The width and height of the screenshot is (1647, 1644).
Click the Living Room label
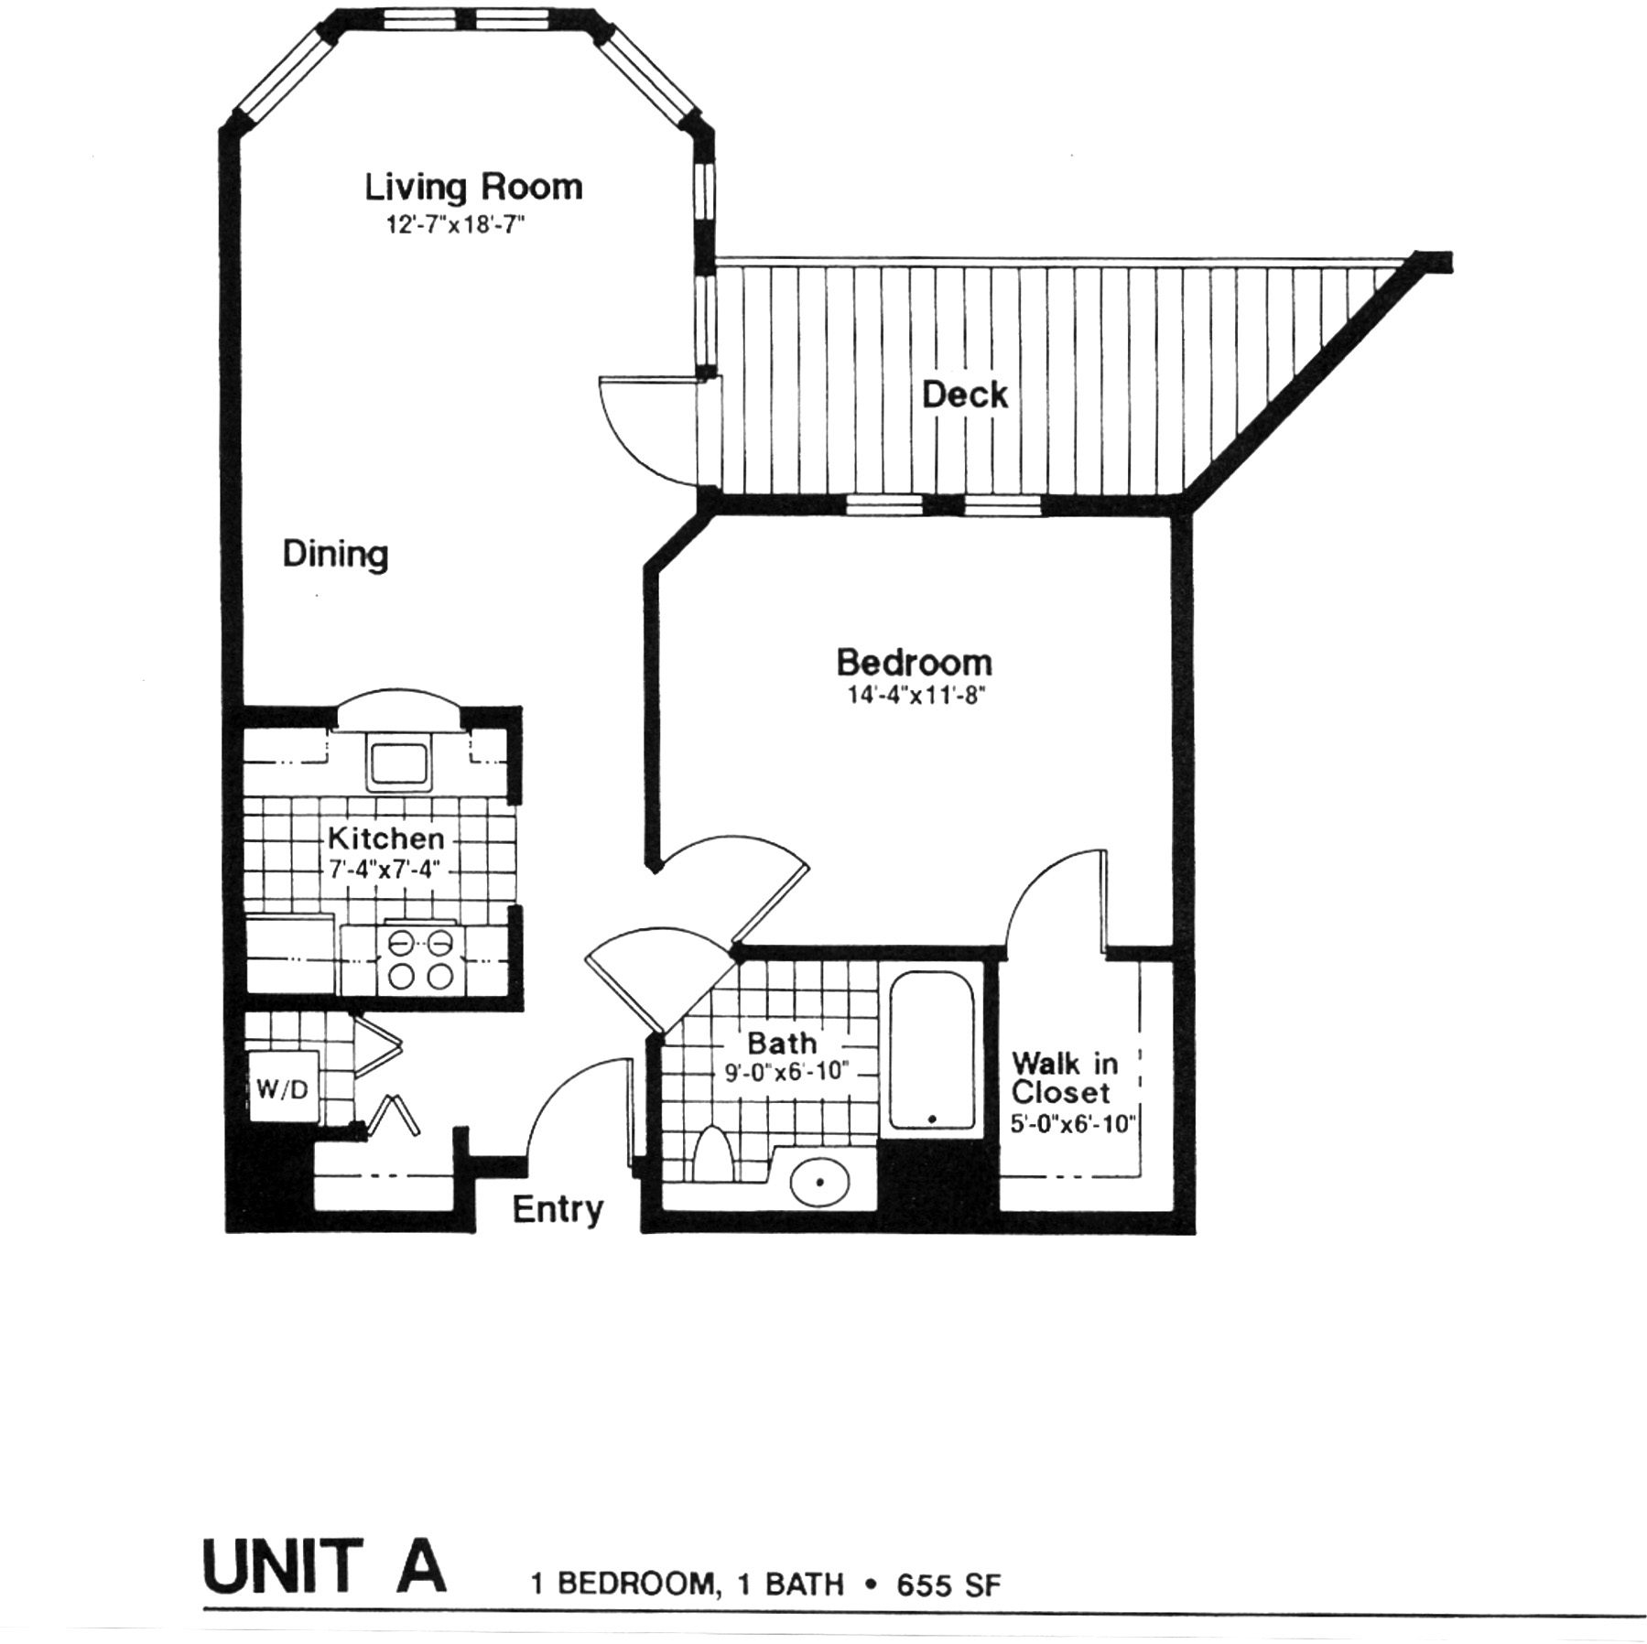click(x=473, y=188)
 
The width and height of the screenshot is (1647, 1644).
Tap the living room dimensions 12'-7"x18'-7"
click(x=455, y=224)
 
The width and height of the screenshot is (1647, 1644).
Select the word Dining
click(x=335, y=555)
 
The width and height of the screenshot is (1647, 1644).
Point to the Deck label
click(x=964, y=395)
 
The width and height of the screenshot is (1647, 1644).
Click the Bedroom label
click(x=914, y=662)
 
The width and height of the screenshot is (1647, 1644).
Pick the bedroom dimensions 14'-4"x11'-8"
click(x=915, y=696)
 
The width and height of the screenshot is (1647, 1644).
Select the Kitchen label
click(x=385, y=838)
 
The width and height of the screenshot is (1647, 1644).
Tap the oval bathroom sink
click(x=820, y=1183)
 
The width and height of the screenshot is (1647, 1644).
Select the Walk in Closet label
click(x=1064, y=1078)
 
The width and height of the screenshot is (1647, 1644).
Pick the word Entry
click(x=558, y=1210)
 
